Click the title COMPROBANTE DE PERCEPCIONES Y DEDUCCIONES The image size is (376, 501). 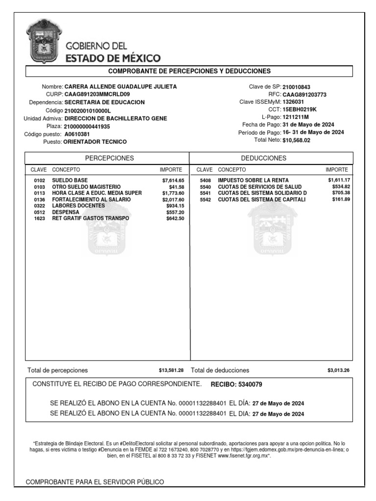tap(189, 71)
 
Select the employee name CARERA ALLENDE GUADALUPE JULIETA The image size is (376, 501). tap(121, 87)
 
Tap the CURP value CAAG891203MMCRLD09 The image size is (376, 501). tap(97, 94)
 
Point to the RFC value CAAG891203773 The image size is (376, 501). tap(305, 94)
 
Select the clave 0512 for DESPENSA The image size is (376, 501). tap(39, 213)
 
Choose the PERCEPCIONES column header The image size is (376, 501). tap(110, 158)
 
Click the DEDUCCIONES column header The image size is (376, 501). tap(271, 158)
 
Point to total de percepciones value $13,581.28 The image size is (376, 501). tap(171, 370)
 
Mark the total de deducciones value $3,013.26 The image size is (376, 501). tap(338, 370)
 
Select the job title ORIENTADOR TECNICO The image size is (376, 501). tap(95, 142)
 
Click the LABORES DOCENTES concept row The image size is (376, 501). tap(77, 206)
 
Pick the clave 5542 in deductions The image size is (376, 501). tap(205, 200)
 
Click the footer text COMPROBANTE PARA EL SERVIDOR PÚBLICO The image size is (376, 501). tap(94, 482)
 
